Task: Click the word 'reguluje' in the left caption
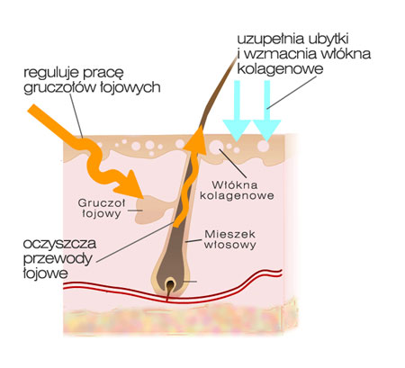coord(51,73)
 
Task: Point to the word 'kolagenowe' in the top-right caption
coord(280,68)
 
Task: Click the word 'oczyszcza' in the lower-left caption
coord(59,244)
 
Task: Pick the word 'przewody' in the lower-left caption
coord(58,259)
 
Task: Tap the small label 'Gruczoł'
coord(102,203)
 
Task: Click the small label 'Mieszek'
coord(230,234)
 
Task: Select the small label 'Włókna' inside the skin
coord(235,184)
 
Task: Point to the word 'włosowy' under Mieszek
coord(230,245)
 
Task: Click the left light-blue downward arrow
coord(237,111)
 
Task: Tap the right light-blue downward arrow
coord(266,111)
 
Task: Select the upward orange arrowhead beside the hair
coord(195,139)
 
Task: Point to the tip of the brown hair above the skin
coord(237,58)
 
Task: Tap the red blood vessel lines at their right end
coord(281,273)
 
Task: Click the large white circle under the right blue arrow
coord(263,147)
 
